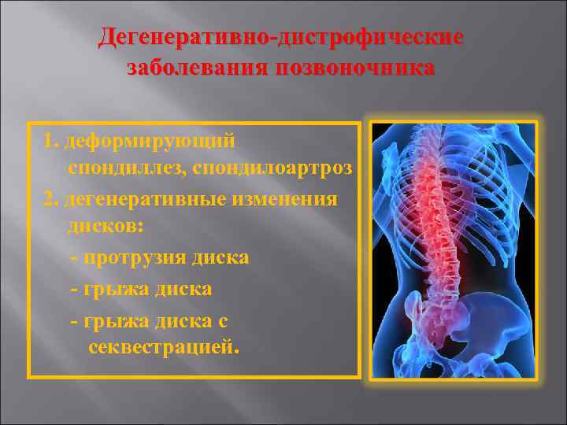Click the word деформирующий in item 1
150,141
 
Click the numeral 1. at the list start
51,141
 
